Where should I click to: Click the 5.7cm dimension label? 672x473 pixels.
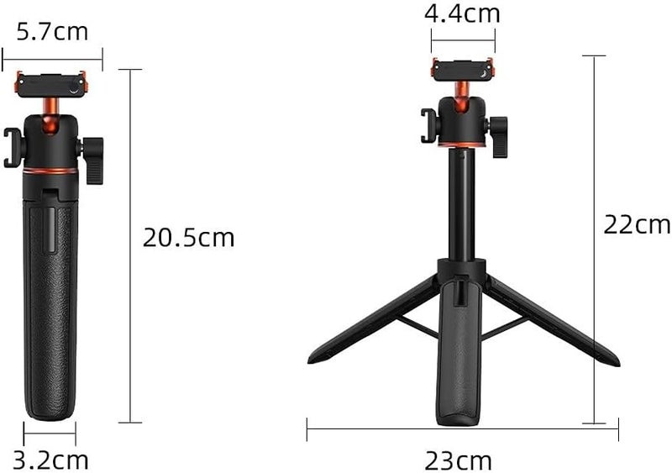52,32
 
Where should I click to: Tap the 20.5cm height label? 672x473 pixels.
188,238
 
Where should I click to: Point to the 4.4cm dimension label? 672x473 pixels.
462,13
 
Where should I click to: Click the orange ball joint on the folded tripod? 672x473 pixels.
50,105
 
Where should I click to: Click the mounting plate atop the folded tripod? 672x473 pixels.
52,82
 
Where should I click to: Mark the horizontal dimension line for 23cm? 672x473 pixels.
462,429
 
